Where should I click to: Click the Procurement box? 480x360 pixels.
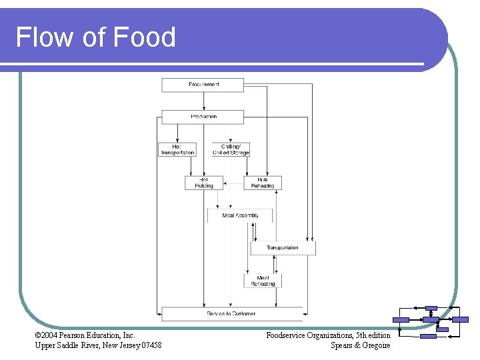[x=203, y=85]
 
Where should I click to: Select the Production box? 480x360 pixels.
[x=203, y=117]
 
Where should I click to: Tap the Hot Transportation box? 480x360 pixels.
[x=177, y=149]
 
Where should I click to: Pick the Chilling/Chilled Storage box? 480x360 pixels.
[x=231, y=149]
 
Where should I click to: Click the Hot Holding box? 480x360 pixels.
[x=204, y=183]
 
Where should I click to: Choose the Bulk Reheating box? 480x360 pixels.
[x=263, y=183]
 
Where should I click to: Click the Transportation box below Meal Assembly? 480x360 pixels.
[x=283, y=248]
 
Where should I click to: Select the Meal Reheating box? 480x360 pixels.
[x=263, y=281]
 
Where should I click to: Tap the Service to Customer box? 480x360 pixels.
[x=231, y=313]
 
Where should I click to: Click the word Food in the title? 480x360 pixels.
[x=145, y=37]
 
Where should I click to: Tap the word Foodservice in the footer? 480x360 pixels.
[x=287, y=335]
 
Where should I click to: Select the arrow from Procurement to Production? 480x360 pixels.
[x=204, y=101]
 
